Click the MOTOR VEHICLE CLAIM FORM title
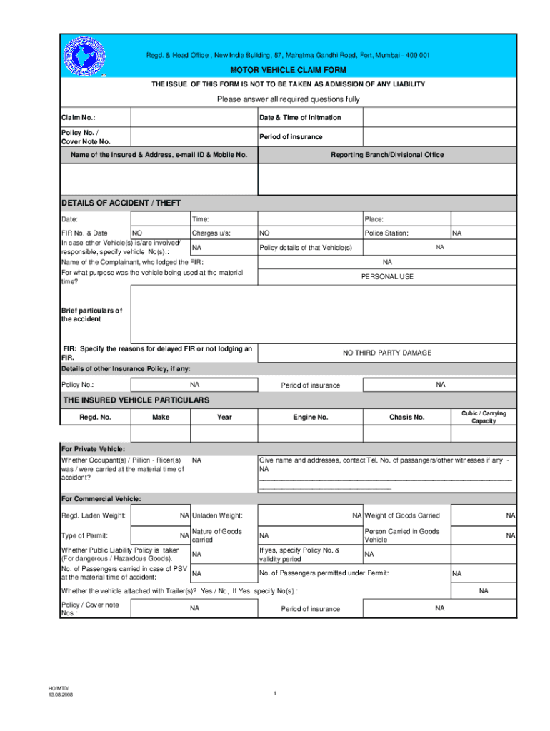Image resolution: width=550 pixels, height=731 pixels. point(287,70)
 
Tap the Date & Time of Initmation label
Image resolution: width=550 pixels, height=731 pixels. point(300,117)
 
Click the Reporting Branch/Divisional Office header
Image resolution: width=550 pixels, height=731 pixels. point(386,155)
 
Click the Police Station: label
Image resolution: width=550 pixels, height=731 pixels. point(386,233)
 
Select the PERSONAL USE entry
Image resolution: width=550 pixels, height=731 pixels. point(386,276)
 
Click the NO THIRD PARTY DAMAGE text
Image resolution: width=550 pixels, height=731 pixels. point(386,353)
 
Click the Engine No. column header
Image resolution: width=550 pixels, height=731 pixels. point(311,417)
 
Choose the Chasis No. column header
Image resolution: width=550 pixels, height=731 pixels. point(407,417)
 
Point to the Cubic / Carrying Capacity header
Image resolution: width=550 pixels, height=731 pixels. point(483,417)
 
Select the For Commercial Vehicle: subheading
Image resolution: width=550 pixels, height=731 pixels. point(101,498)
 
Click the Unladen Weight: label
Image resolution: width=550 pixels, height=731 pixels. point(217,515)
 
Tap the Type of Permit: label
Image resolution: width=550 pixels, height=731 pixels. point(84,535)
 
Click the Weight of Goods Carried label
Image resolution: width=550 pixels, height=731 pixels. point(402,515)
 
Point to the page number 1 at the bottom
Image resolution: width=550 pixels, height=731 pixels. point(274,694)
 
